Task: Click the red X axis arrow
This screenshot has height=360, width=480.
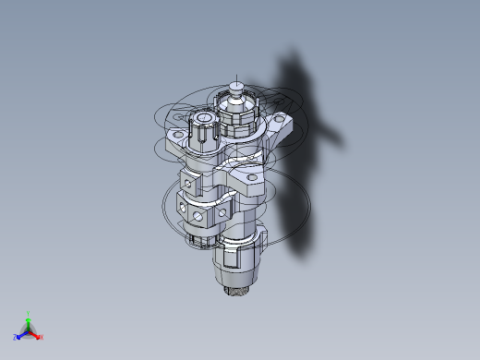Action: pyautogui.click(x=36, y=334)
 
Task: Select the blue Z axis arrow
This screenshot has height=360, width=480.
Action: pyautogui.click(x=21, y=334)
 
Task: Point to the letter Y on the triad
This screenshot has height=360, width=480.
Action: pyautogui.click(x=29, y=313)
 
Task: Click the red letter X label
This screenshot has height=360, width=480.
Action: pyautogui.click(x=42, y=337)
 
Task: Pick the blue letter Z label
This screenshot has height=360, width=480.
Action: pyautogui.click(x=16, y=337)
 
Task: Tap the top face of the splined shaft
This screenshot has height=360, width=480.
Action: pyautogui.click(x=202, y=118)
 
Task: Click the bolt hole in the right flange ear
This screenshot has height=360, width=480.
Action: pyautogui.click(x=278, y=121)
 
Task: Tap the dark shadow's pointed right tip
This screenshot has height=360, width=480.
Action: pyautogui.click(x=342, y=143)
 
